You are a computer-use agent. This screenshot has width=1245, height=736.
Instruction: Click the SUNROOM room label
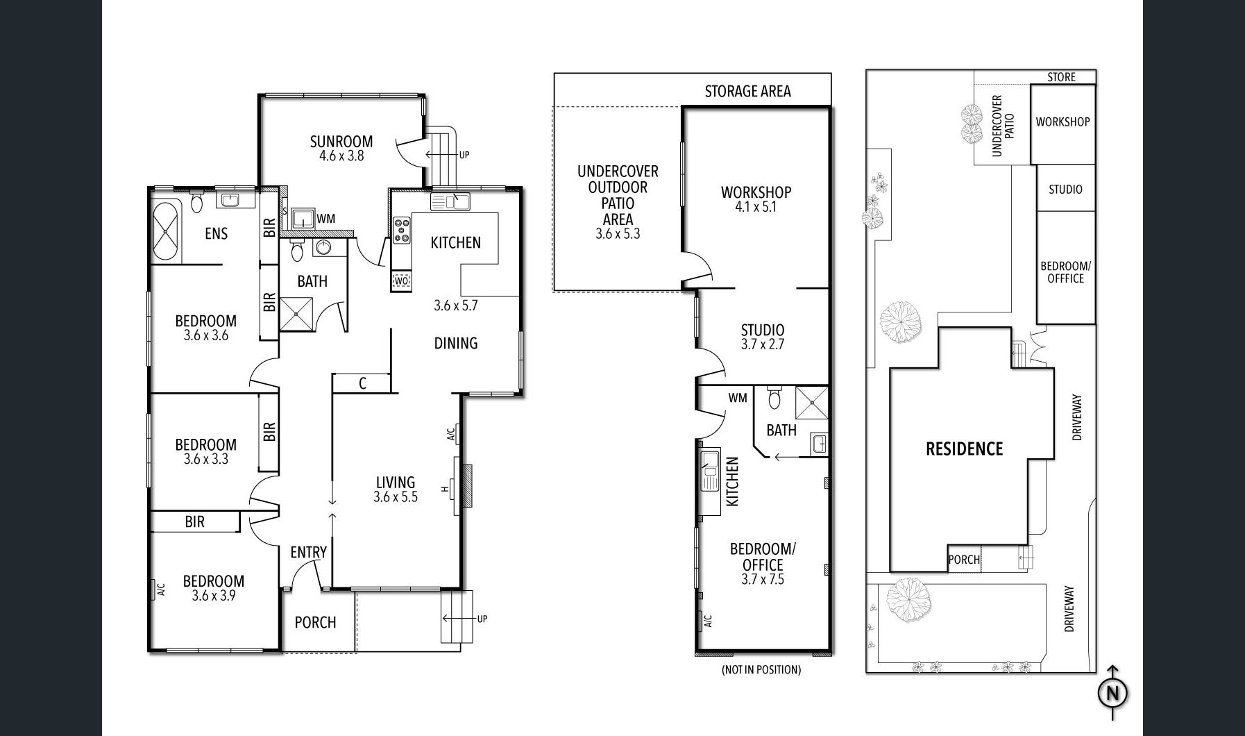(x=341, y=142)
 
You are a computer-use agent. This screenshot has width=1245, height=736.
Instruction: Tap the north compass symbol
(x=1112, y=692)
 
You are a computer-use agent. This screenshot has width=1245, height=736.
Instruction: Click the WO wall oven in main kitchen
(x=401, y=281)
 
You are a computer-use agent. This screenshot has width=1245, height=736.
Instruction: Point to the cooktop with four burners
(x=402, y=231)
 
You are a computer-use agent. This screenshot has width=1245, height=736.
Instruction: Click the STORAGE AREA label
(x=747, y=91)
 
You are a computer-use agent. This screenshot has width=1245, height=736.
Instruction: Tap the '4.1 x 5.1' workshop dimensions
(x=756, y=207)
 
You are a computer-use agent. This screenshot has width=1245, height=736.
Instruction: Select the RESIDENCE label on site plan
(x=964, y=449)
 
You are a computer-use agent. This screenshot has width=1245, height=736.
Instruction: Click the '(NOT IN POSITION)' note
(x=761, y=669)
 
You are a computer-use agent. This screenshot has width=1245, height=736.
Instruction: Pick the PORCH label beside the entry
(x=315, y=622)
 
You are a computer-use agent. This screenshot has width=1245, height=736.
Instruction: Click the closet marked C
(x=362, y=383)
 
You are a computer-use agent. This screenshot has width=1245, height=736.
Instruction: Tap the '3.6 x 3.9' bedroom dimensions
(x=214, y=596)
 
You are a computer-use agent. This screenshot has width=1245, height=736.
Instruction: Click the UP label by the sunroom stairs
(x=464, y=155)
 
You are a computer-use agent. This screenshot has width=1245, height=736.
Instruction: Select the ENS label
(x=216, y=233)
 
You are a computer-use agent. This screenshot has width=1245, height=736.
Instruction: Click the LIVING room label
(x=396, y=482)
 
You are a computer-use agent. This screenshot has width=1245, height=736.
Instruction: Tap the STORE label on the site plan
(x=1061, y=77)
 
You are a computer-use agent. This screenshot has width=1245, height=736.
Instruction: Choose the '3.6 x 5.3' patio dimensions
(x=618, y=234)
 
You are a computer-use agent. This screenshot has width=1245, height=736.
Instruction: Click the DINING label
(x=456, y=343)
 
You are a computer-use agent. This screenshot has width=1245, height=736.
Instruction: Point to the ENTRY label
(x=308, y=552)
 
